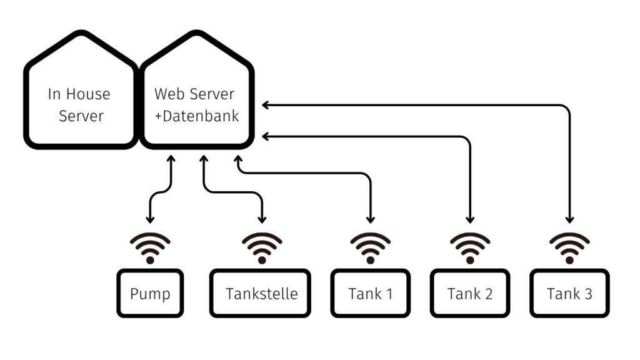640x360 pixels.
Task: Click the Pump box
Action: click(x=149, y=293)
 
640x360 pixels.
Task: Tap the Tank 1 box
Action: click(x=370, y=293)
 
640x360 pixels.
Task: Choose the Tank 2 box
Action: click(x=470, y=293)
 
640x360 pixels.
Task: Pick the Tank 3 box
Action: click(x=569, y=293)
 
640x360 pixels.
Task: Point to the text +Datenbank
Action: click(x=196, y=116)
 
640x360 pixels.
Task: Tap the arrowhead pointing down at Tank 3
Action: click(x=569, y=219)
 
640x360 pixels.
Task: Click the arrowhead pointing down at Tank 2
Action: click(x=470, y=219)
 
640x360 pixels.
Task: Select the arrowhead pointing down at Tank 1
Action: click(x=371, y=219)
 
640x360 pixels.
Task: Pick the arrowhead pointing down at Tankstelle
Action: click(x=262, y=219)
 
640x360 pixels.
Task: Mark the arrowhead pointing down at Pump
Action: click(x=150, y=219)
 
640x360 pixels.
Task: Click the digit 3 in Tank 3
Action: click(x=587, y=293)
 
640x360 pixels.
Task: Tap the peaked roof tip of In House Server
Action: click(x=80, y=34)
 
